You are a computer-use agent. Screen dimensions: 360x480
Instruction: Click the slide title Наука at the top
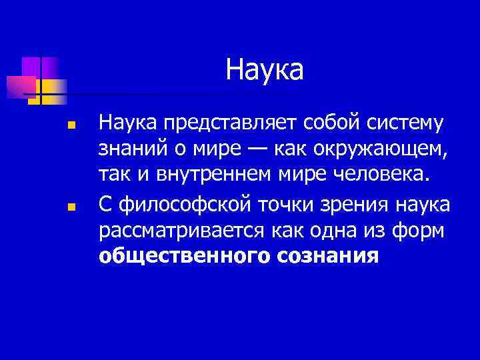coord(264,70)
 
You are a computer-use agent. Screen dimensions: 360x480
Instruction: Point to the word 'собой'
coord(337,123)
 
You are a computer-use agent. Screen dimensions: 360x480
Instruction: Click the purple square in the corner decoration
coord(31,67)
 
